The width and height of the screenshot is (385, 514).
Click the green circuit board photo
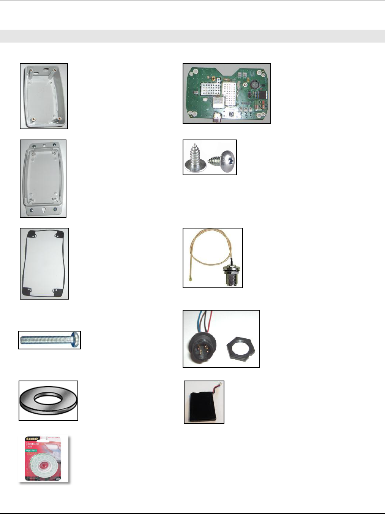pyautogui.click(x=227, y=94)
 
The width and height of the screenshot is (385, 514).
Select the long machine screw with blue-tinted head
pyautogui.click(x=49, y=340)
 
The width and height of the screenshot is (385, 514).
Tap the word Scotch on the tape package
pyautogui.click(x=32, y=439)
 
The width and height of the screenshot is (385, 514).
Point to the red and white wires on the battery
pyautogui.click(x=218, y=385)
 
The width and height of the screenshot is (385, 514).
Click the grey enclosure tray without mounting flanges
pyautogui.click(x=44, y=96)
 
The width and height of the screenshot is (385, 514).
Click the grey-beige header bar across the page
pyautogui.click(x=192, y=36)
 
